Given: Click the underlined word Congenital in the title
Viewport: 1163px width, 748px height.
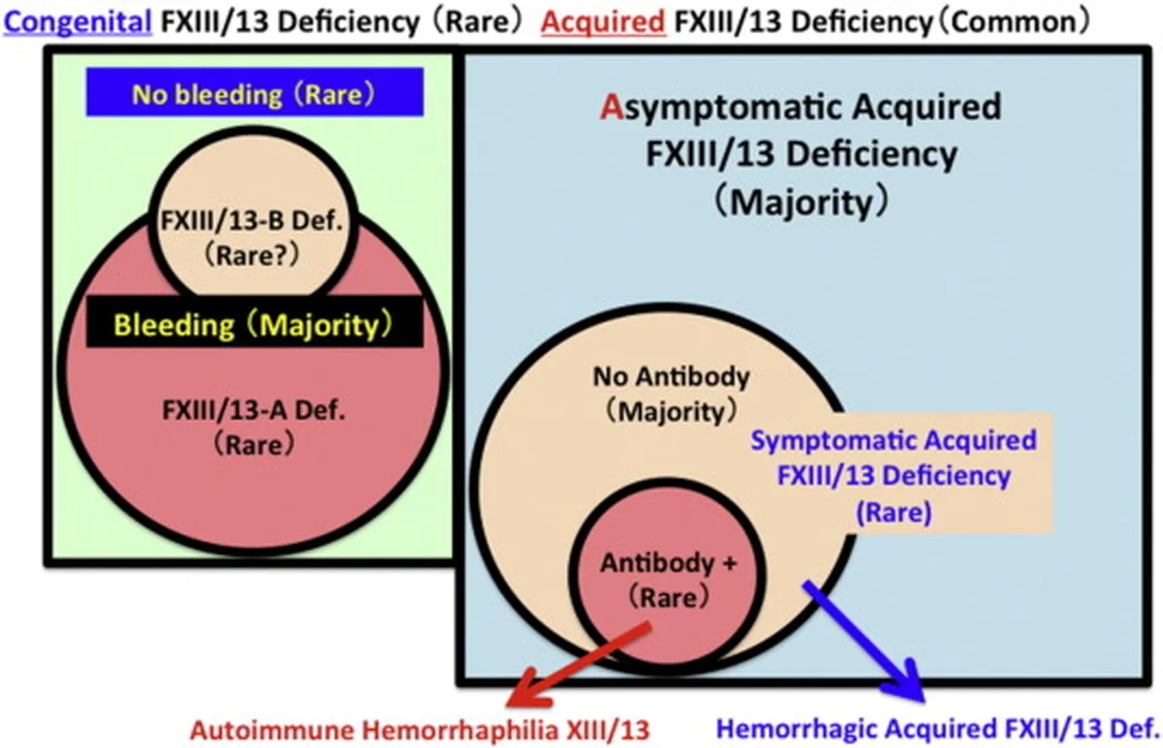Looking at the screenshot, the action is click(x=78, y=23).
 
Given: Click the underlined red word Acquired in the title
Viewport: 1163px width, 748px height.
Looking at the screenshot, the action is click(x=603, y=23).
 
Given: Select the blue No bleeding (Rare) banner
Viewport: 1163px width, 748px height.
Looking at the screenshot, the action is click(x=254, y=92).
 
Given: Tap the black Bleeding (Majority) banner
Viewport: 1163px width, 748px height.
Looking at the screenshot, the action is click(x=254, y=323).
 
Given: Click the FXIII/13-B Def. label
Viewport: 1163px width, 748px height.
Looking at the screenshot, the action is click(x=252, y=221).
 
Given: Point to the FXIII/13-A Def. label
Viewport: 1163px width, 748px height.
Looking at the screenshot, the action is click(x=254, y=411).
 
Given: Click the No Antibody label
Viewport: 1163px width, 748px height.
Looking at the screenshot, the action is click(x=672, y=377).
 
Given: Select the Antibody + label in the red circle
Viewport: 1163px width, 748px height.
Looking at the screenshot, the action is click(x=669, y=564).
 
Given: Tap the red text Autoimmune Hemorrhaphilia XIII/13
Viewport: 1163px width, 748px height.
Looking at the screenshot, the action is click(x=420, y=731).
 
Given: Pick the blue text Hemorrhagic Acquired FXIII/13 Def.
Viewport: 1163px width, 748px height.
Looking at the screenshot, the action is click(x=938, y=730).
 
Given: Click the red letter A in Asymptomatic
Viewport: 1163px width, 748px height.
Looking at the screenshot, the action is click(x=612, y=107).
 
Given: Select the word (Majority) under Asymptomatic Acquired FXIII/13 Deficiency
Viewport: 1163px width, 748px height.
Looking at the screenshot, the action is click(x=802, y=203).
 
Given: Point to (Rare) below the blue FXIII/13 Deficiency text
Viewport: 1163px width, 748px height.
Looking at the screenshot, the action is click(x=894, y=513).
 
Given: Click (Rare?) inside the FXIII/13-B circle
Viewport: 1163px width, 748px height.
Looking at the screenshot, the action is click(x=252, y=256).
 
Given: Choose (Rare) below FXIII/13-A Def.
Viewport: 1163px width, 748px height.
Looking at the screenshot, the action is click(x=254, y=446).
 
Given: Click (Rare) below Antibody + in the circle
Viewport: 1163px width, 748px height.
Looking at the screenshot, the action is click(x=669, y=598).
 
